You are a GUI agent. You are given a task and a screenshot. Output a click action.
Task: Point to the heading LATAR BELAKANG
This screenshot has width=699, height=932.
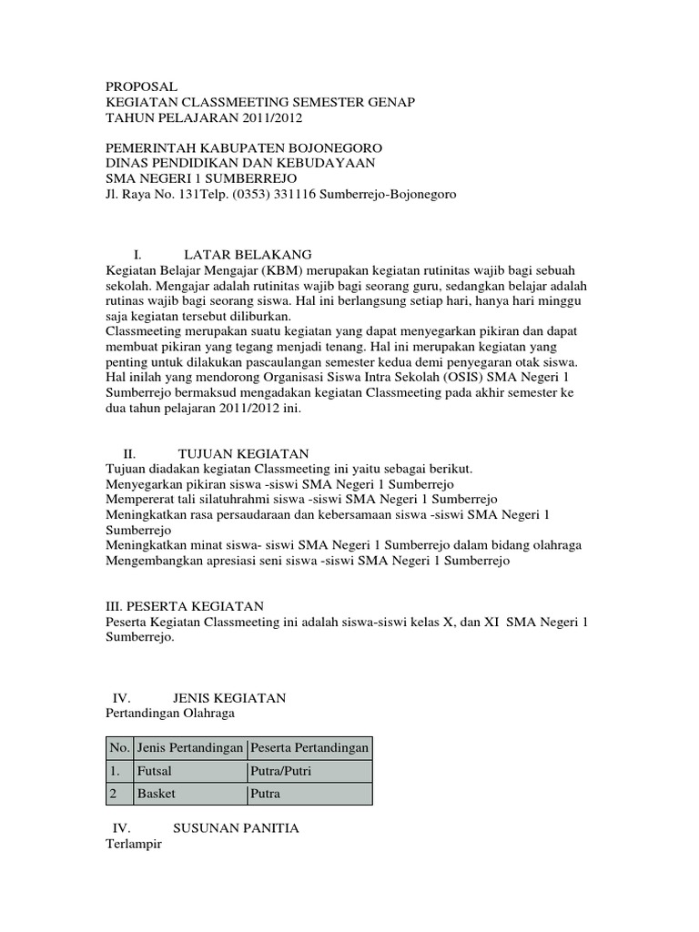click(248, 254)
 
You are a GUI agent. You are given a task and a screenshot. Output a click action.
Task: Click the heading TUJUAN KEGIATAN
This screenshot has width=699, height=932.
click(243, 453)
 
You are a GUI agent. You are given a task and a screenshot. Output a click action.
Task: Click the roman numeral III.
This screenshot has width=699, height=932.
click(116, 606)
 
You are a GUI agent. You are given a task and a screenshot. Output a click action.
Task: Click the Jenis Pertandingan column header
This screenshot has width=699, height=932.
click(190, 748)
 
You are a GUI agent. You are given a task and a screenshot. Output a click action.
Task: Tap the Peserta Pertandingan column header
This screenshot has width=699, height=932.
click(309, 748)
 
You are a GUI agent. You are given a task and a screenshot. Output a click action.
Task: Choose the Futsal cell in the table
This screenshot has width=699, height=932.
click(154, 771)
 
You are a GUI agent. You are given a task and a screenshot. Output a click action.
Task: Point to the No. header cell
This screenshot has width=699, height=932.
click(119, 748)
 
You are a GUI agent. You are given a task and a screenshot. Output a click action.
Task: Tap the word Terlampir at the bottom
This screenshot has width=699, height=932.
click(134, 845)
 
